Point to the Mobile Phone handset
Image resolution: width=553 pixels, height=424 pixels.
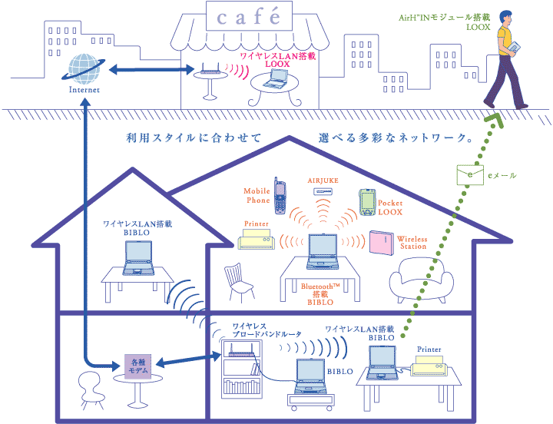tap(281, 197)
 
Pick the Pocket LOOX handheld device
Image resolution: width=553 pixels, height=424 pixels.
tap(366, 201)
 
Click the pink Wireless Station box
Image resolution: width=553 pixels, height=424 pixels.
tap(381, 241)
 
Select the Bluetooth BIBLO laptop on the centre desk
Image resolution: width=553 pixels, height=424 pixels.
tap(323, 252)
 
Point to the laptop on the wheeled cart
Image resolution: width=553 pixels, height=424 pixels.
tap(308, 379)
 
